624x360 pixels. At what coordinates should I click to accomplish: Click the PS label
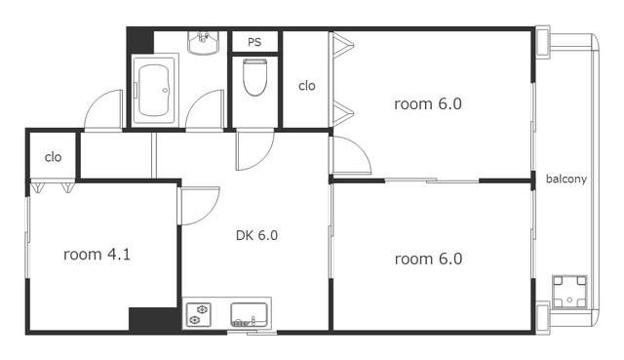pyautogui.click(x=254, y=42)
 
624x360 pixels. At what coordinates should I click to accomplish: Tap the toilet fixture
pyautogui.click(x=254, y=77)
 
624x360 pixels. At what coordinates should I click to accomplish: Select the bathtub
pyautogui.click(x=155, y=89)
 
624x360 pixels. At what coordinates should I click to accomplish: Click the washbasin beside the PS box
pyautogui.click(x=204, y=43)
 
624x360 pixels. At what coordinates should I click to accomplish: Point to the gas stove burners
pyautogui.click(x=198, y=314)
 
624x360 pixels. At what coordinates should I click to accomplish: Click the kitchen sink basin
pyautogui.click(x=250, y=314)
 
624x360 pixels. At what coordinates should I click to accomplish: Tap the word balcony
pyautogui.click(x=566, y=180)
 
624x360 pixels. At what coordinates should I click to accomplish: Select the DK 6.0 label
pyautogui.click(x=256, y=235)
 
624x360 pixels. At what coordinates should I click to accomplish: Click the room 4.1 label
pyautogui.click(x=97, y=254)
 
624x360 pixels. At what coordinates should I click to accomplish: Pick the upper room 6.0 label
pyautogui.click(x=428, y=104)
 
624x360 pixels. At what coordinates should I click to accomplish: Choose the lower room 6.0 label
pyautogui.click(x=428, y=260)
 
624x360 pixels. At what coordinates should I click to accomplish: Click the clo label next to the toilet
pyautogui.click(x=307, y=86)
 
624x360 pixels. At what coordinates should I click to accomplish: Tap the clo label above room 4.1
pyautogui.click(x=53, y=157)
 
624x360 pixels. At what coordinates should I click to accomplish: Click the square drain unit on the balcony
pyautogui.click(x=569, y=292)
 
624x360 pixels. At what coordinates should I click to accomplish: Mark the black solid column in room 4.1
pyautogui.click(x=154, y=319)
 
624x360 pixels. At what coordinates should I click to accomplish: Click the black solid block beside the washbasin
pyautogui.click(x=140, y=41)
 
